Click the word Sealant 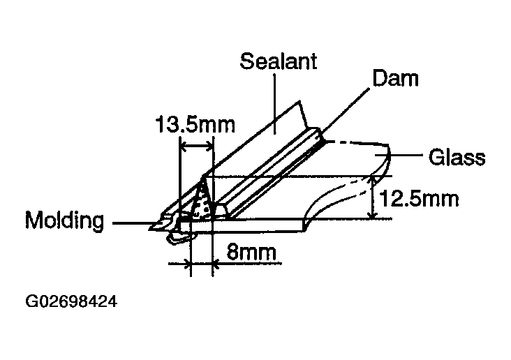279,61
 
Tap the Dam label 396,78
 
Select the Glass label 457,158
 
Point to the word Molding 65,221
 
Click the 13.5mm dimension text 195,126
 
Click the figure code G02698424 71,302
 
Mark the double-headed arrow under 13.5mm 197,147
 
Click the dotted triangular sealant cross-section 202,202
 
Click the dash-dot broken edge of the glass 356,143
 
